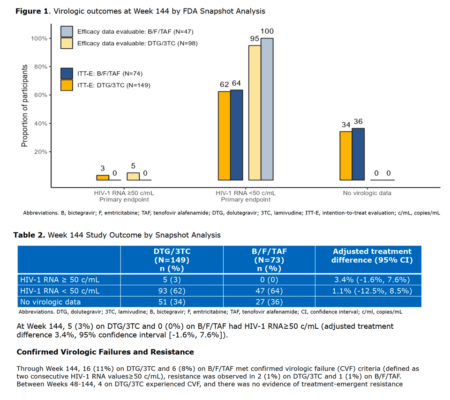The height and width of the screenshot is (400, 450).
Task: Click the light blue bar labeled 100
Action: [267, 109]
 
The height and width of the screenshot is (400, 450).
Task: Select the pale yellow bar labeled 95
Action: [255, 113]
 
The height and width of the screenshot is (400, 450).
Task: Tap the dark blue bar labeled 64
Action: [236, 135]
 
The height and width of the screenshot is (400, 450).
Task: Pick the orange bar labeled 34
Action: [346, 156]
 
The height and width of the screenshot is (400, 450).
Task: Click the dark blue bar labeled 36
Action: [358, 154]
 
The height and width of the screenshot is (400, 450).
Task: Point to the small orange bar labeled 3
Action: [103, 178]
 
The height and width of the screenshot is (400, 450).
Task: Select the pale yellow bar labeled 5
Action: [133, 176]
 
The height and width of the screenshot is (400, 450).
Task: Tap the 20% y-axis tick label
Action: [41, 152]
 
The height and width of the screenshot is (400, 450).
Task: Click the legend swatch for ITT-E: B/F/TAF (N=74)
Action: [67, 74]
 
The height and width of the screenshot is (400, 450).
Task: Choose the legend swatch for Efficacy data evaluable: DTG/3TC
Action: [67, 43]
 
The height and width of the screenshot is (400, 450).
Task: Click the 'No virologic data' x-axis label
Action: [367, 193]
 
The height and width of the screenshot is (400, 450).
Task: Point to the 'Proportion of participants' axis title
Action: [25, 106]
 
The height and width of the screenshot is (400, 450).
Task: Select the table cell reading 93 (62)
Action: [172, 291]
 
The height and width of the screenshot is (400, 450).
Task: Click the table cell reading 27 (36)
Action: [269, 302]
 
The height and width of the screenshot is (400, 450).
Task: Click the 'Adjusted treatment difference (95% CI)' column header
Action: [372, 256]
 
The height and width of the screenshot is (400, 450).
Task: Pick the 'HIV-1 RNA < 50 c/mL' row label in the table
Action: [60, 291]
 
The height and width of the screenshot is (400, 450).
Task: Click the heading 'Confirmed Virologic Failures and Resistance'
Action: [105, 352]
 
